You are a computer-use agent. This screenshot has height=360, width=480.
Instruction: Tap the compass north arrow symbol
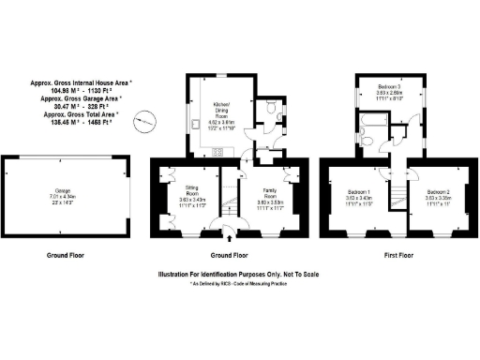coord(143,120)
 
